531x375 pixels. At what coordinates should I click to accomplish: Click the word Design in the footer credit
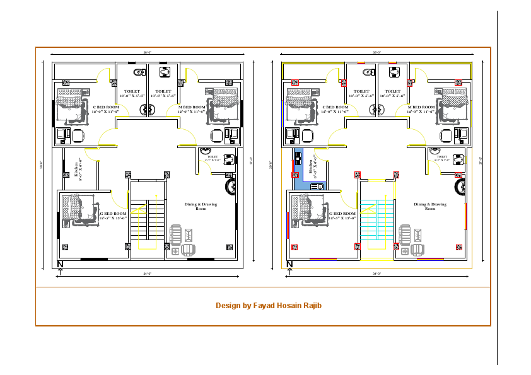(x=227, y=306)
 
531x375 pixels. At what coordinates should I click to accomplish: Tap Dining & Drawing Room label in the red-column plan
(x=430, y=206)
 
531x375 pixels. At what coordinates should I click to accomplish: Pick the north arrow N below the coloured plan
(x=290, y=263)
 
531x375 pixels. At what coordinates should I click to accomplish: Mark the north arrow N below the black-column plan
(x=60, y=263)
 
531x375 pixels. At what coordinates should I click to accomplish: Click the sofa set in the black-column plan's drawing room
(x=181, y=241)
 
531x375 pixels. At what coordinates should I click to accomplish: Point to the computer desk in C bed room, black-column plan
(x=64, y=135)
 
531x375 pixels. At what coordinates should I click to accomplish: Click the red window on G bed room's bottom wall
(x=323, y=259)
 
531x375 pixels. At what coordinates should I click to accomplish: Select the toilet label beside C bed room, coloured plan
(x=362, y=93)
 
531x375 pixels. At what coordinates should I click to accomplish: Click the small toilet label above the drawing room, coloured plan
(x=441, y=158)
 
